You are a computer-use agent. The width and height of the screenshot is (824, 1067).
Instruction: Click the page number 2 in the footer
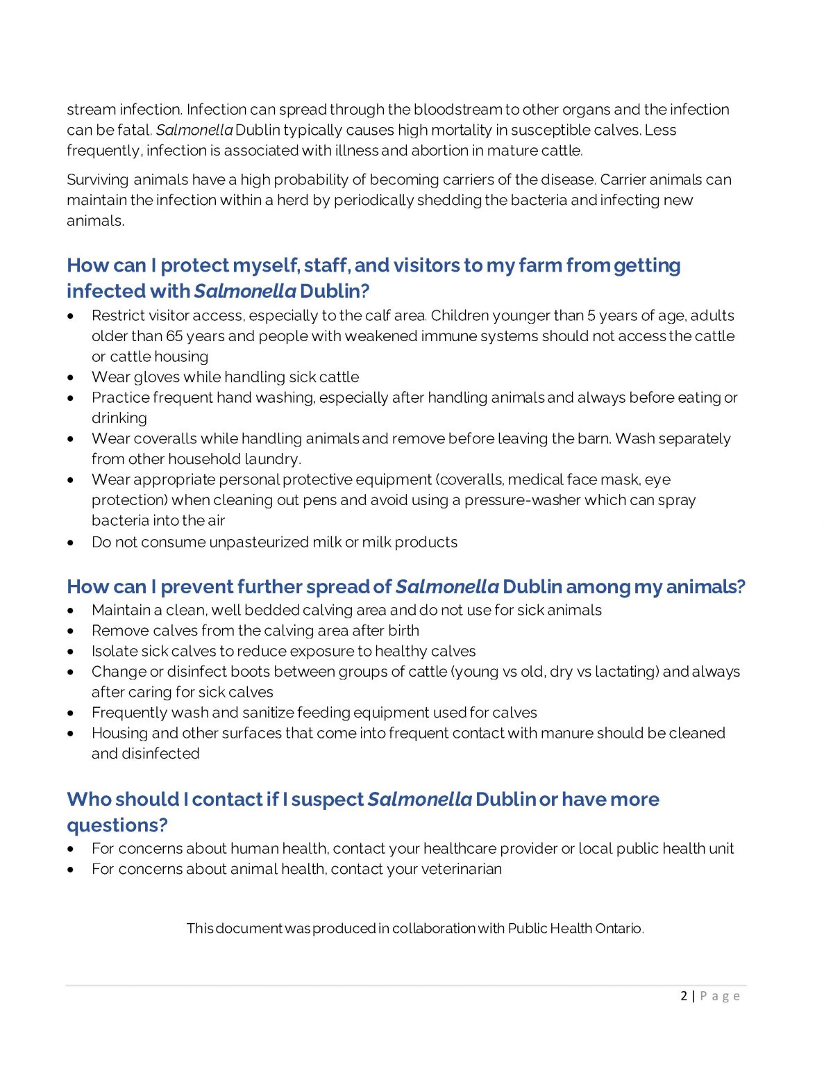coord(684,996)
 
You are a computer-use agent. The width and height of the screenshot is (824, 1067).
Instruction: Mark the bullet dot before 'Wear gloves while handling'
coord(71,378)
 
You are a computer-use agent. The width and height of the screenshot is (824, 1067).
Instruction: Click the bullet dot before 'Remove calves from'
coord(71,631)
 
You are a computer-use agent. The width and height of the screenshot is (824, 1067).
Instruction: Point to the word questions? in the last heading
coord(117,825)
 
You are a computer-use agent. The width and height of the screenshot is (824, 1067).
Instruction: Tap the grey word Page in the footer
coord(720,996)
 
